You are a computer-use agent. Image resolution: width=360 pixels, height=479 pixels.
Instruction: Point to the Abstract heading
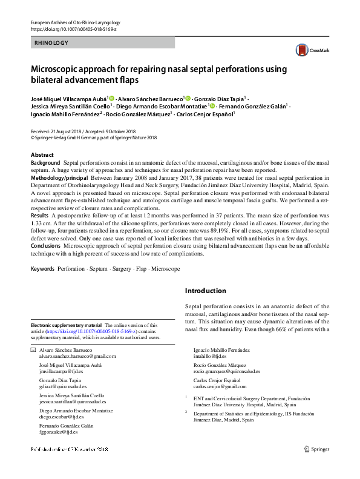pos(42,155)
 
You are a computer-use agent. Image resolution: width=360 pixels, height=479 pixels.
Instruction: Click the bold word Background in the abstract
pos(46,164)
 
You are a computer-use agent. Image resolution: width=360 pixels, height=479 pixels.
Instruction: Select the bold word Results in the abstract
pos(40,216)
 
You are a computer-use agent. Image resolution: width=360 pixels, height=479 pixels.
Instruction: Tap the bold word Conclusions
pos(46,246)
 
